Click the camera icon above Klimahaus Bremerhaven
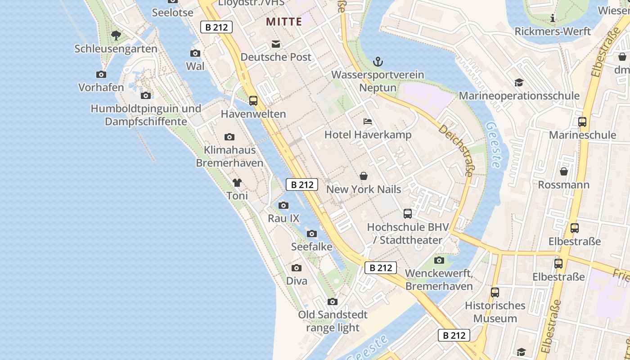(229, 137)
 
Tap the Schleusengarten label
(116, 49)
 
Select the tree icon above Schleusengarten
(116, 35)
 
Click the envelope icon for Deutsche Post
(275, 44)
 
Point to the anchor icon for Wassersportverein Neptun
(378, 62)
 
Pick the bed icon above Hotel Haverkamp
(368, 121)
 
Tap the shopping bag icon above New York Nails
(363, 176)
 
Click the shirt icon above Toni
(237, 183)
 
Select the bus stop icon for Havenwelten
(253, 101)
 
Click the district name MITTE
(284, 22)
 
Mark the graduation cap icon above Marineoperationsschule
(519, 83)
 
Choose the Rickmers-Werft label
(553, 31)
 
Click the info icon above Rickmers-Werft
(553, 18)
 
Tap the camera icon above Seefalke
(311, 234)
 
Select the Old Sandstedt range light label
(333, 321)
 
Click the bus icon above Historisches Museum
(495, 292)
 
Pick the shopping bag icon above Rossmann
(563, 171)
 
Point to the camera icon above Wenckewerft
(439, 260)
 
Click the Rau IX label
(283, 219)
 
